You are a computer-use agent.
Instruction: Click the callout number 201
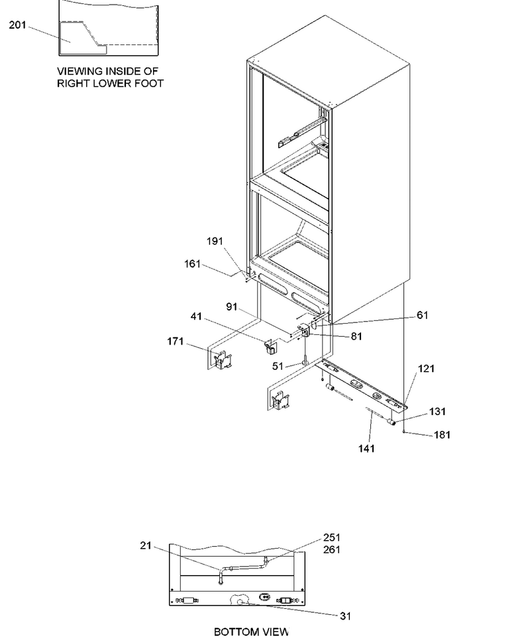pyautogui.click(x=18, y=25)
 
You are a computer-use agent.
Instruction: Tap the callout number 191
pyautogui.click(x=215, y=241)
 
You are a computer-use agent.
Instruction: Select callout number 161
pyautogui.click(x=193, y=264)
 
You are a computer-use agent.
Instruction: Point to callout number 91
pyautogui.click(x=232, y=306)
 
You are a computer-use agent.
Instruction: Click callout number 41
pyautogui.click(x=196, y=316)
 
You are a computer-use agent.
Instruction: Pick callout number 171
pyautogui.click(x=176, y=342)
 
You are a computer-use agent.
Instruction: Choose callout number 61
pyautogui.click(x=423, y=315)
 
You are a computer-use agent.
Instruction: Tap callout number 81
pyautogui.click(x=356, y=336)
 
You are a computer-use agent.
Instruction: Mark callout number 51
pyautogui.click(x=278, y=366)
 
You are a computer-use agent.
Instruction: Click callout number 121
pyautogui.click(x=426, y=369)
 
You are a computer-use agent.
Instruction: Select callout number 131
pyautogui.click(x=437, y=412)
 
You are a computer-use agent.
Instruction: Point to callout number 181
pyautogui.click(x=442, y=435)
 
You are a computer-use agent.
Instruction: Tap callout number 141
pyautogui.click(x=366, y=449)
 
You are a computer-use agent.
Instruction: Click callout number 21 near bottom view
pyautogui.click(x=146, y=545)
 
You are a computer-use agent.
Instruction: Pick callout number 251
pyautogui.click(x=332, y=537)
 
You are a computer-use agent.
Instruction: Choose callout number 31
pyautogui.click(x=346, y=616)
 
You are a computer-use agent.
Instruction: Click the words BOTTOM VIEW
pyautogui.click(x=251, y=632)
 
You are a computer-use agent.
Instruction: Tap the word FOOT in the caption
pyautogui.click(x=152, y=83)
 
